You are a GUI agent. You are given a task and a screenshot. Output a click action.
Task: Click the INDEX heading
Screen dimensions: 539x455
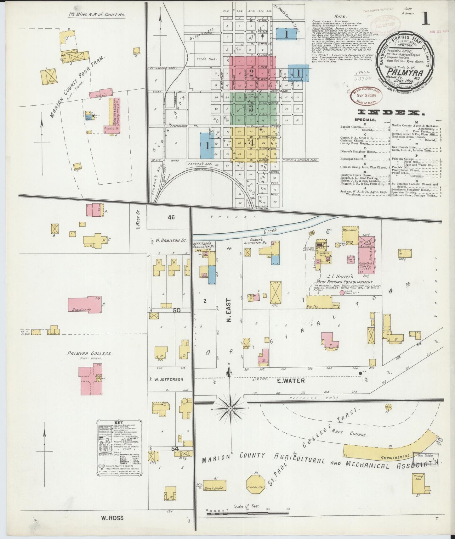pyautogui.click(x=390, y=113)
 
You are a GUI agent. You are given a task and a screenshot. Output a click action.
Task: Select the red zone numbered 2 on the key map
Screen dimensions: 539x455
pyautogui.click(x=252, y=73)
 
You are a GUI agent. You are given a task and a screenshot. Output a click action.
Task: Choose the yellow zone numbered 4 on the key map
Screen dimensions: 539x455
pyautogui.click(x=251, y=143)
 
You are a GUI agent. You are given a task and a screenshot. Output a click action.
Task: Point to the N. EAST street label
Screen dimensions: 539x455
pyautogui.click(x=229, y=310)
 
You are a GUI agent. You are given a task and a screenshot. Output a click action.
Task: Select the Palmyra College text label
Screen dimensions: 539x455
pyautogui.click(x=89, y=353)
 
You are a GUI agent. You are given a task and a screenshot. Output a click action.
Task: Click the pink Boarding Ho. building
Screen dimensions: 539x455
pyautogui.click(x=84, y=304)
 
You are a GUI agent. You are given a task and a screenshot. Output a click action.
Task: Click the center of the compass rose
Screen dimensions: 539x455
pyautogui.click(x=230, y=408)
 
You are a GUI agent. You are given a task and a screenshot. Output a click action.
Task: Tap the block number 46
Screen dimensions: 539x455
pyautogui.click(x=171, y=217)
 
